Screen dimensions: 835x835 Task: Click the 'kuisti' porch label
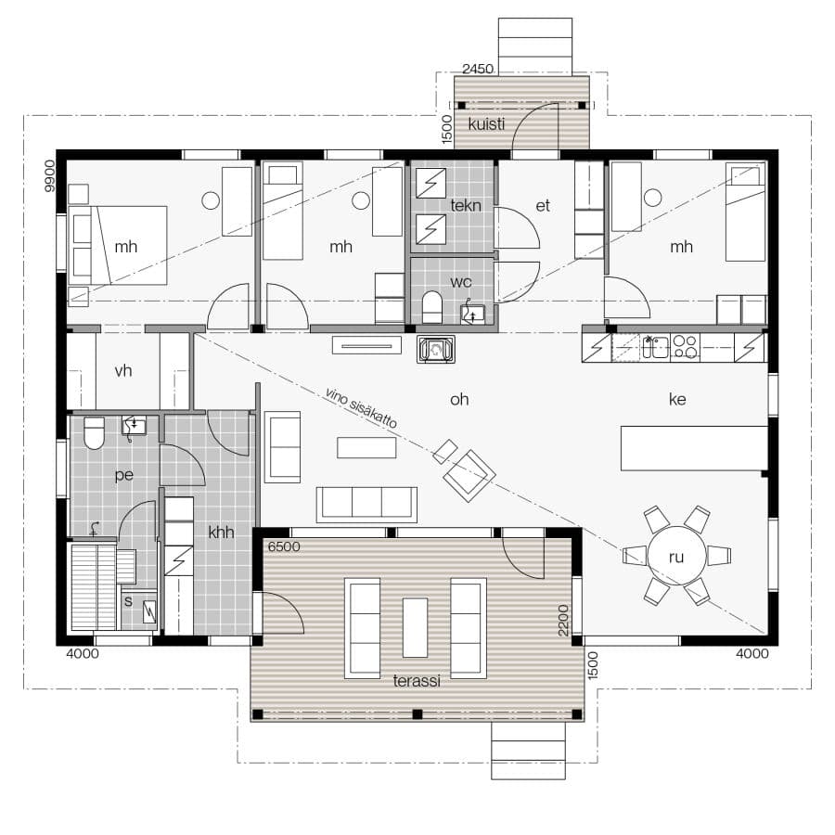(486, 124)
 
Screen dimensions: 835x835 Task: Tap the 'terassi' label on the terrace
(417, 681)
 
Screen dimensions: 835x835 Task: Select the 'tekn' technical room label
(466, 206)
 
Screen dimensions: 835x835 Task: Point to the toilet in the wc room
(431, 307)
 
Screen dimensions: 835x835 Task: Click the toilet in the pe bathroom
(95, 433)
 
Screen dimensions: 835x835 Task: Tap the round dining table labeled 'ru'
(676, 556)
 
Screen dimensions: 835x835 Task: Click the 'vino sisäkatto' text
(361, 408)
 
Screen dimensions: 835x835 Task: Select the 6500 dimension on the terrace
(284, 546)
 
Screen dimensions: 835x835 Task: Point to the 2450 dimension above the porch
(478, 69)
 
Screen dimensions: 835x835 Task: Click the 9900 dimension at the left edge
(49, 175)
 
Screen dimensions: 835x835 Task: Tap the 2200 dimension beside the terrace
(563, 621)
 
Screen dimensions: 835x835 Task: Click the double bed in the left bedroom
(118, 246)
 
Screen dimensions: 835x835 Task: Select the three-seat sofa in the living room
(366, 504)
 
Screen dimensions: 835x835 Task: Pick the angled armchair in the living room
(469, 476)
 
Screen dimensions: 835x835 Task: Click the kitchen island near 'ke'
(694, 448)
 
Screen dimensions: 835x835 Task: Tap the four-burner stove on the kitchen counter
(685, 347)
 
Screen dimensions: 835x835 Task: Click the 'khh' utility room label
(221, 532)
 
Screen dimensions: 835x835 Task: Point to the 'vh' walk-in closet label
(123, 370)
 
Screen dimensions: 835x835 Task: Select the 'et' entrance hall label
(543, 206)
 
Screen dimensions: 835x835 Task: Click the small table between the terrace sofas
(415, 628)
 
